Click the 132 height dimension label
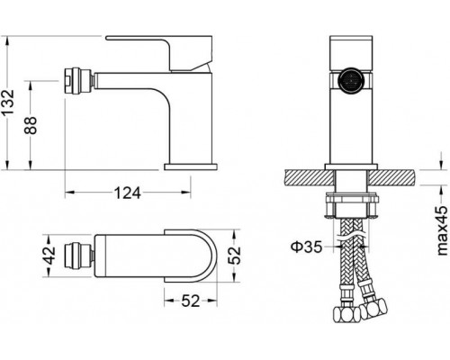point(7,102)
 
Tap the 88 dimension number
point(31,125)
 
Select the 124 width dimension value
point(128,193)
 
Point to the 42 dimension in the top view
point(49,256)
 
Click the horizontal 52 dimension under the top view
point(191,301)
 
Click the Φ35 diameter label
point(306,247)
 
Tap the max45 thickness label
point(443,230)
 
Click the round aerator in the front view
point(351,79)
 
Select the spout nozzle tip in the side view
point(79,81)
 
